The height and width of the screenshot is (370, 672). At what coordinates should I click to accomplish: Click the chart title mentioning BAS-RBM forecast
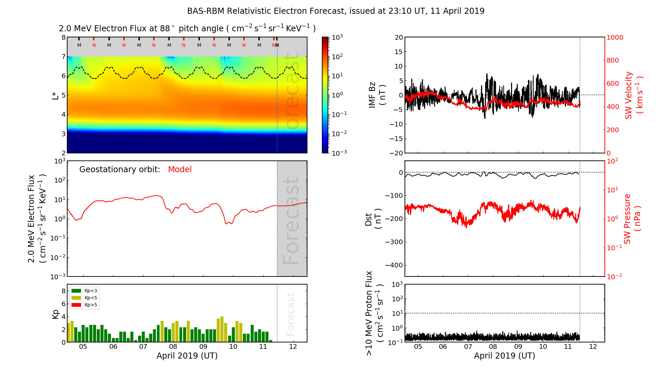336,11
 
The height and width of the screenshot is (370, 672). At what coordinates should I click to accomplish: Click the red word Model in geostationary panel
180,170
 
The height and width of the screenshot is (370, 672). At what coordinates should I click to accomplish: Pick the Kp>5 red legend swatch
77,305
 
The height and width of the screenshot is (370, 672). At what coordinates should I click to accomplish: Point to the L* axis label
55,95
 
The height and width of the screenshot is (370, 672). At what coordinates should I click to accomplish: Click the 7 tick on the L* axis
63,57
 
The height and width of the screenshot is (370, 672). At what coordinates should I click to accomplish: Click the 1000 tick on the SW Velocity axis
615,37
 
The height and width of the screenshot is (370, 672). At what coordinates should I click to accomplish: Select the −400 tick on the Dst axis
394,265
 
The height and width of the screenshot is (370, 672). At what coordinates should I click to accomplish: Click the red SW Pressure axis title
632,219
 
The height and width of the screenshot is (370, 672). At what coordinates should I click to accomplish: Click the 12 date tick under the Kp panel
293,347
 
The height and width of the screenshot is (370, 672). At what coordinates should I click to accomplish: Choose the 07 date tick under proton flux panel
468,347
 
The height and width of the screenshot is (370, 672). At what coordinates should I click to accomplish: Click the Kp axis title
55,314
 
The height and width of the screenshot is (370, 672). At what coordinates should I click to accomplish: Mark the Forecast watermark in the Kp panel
290,314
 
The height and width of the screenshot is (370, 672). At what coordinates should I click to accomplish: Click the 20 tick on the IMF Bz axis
398,37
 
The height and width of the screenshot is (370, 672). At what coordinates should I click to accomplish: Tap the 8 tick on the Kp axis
64,291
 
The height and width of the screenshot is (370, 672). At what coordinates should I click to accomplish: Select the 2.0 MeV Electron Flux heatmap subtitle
187,29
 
